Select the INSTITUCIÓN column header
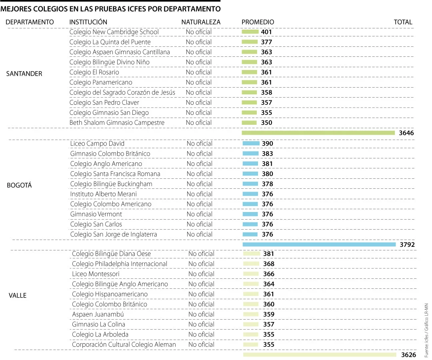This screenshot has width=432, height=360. pos(88,22)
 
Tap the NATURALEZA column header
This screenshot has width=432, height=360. pos(201,22)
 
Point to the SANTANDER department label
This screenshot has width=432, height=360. pos(24,74)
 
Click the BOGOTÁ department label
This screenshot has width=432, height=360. pos(19,185)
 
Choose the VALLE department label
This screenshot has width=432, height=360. pos(18,295)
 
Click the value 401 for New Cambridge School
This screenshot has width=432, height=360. pos(266,32)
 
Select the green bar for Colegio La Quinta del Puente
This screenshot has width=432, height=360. pos(250,42)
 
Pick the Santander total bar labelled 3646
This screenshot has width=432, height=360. pos(318,133)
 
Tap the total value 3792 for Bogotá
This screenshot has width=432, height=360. pos(407,244)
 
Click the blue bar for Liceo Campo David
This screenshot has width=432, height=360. pos(251,143)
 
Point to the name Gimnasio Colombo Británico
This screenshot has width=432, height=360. pos(110,154)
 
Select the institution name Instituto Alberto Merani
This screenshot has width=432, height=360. pos(103,194)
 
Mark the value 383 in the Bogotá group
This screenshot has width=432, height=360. pos(267,154)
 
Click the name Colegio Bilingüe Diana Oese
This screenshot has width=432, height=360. pos(111,254)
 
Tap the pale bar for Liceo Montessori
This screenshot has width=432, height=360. pos(251,274)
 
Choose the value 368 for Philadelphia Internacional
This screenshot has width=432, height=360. pos(269,264)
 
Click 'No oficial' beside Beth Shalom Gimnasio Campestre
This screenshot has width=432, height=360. pos(199,122)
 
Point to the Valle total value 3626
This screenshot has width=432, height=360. pos(408,354)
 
